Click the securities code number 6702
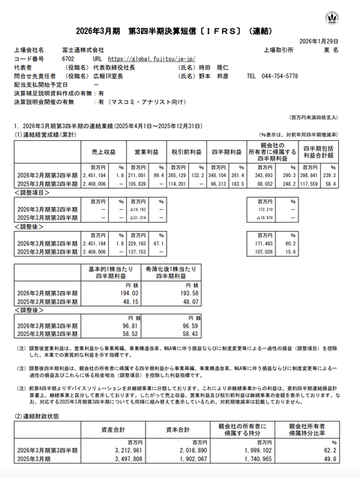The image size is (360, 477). [67, 57]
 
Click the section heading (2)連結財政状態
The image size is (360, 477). [41, 415]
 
